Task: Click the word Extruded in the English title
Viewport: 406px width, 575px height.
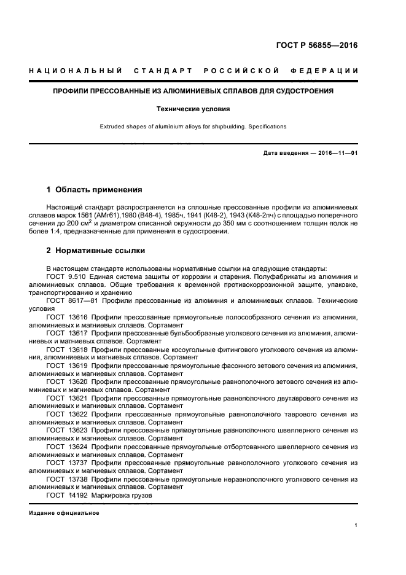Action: [113, 127]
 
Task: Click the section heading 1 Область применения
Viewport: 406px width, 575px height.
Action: [95, 189]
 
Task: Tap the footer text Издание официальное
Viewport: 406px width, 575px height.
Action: [64, 512]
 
